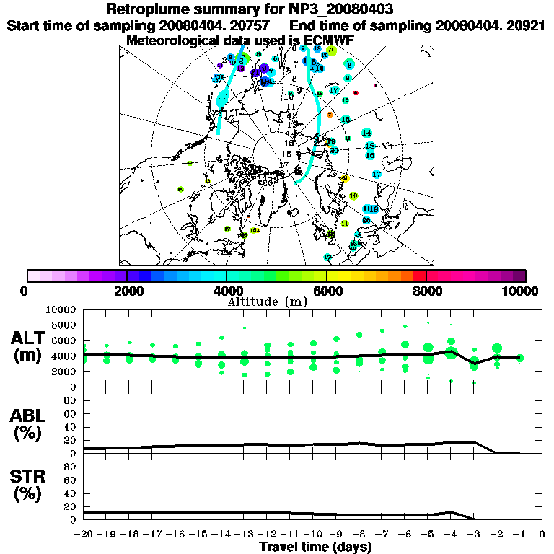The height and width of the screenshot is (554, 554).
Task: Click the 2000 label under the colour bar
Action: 127,291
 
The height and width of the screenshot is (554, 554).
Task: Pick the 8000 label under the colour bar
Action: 426,291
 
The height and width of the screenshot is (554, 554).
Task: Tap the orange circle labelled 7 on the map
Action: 330,115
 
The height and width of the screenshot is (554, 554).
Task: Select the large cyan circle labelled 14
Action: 367,133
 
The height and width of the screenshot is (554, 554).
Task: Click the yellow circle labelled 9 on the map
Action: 346,178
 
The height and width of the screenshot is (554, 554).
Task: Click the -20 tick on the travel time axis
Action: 84,535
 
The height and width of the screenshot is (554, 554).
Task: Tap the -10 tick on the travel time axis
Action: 312,535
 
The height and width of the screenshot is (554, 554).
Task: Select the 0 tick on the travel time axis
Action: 542,535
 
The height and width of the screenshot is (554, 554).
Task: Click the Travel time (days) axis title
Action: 315,548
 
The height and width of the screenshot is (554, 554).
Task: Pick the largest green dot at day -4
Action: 452,353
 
